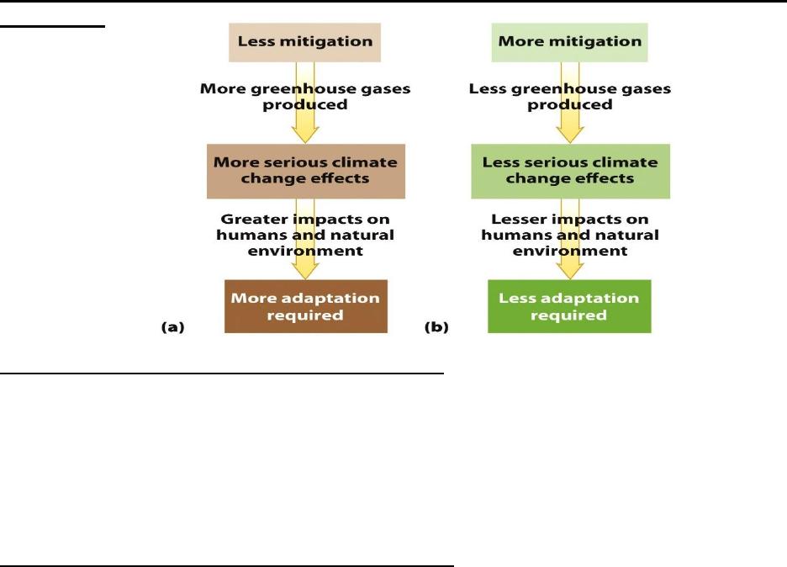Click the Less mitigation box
click(304, 42)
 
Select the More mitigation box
click(570, 42)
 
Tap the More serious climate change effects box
click(306, 172)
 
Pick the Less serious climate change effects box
click(570, 172)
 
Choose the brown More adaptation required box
click(306, 306)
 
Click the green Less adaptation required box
click(569, 306)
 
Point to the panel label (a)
click(172, 327)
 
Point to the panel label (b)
click(436, 327)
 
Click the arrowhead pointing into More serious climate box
click(305, 135)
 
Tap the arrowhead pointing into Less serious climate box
click(570, 135)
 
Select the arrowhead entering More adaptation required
click(305, 271)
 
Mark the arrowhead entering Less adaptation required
click(570, 271)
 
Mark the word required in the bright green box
click(568, 315)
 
